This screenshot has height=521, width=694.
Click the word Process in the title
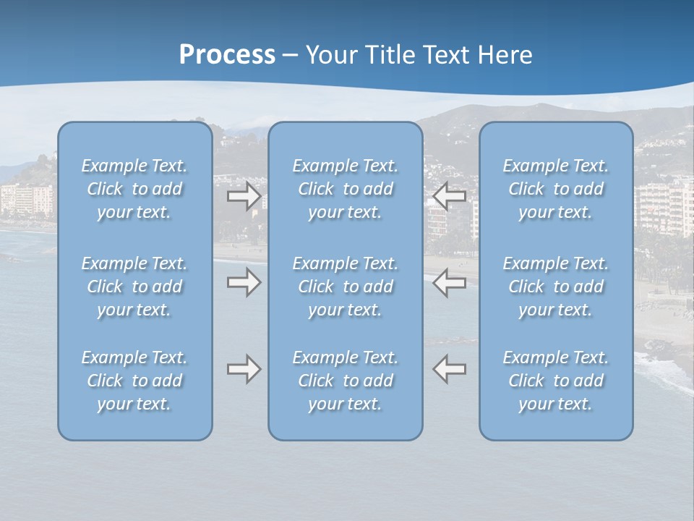[x=227, y=55]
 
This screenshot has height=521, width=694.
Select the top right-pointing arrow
[x=244, y=196]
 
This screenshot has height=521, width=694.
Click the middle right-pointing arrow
[x=244, y=282]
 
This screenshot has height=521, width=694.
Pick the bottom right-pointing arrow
[x=244, y=369]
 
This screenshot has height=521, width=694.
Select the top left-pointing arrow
[x=450, y=195]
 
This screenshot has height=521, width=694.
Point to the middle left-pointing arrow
[x=450, y=282]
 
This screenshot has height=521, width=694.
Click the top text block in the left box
[x=134, y=189]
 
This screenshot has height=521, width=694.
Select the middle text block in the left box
[x=134, y=287]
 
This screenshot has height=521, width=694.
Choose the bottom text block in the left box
[x=134, y=381]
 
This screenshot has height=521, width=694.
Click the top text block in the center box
[x=346, y=189]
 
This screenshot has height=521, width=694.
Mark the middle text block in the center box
[x=346, y=287]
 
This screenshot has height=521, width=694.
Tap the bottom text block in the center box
[x=346, y=381]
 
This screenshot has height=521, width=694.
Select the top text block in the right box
[x=556, y=189]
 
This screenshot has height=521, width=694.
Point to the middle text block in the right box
[x=556, y=287]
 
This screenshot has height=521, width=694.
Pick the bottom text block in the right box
[x=556, y=381]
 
